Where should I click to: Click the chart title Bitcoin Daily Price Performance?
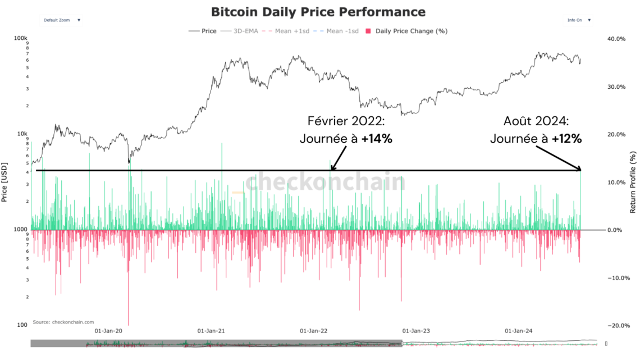(318, 12)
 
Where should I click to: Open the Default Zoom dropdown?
(62, 20)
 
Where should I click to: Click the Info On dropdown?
(579, 20)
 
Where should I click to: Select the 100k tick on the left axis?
(21, 39)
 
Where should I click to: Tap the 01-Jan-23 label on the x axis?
(416, 331)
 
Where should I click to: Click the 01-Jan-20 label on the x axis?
(108, 331)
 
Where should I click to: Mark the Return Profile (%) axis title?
(633, 182)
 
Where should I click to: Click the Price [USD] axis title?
(5, 182)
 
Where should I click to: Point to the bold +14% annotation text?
(377, 138)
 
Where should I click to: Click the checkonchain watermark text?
(326, 183)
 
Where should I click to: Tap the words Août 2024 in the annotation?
(536, 121)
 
